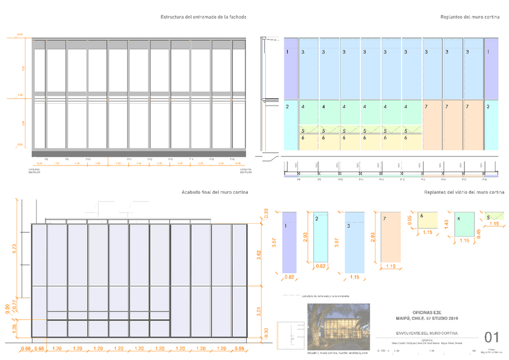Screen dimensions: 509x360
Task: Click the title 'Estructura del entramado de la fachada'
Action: coord(203,17)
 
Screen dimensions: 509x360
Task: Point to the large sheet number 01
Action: coord(492,337)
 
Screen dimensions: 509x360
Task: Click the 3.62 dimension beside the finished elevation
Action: coord(259,254)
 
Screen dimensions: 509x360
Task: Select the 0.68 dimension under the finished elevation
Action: coord(26,349)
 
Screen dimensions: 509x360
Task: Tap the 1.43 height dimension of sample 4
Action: coord(447,224)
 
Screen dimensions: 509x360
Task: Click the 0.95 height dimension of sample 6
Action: coord(411,220)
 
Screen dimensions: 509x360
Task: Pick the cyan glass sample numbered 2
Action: coord(321,236)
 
